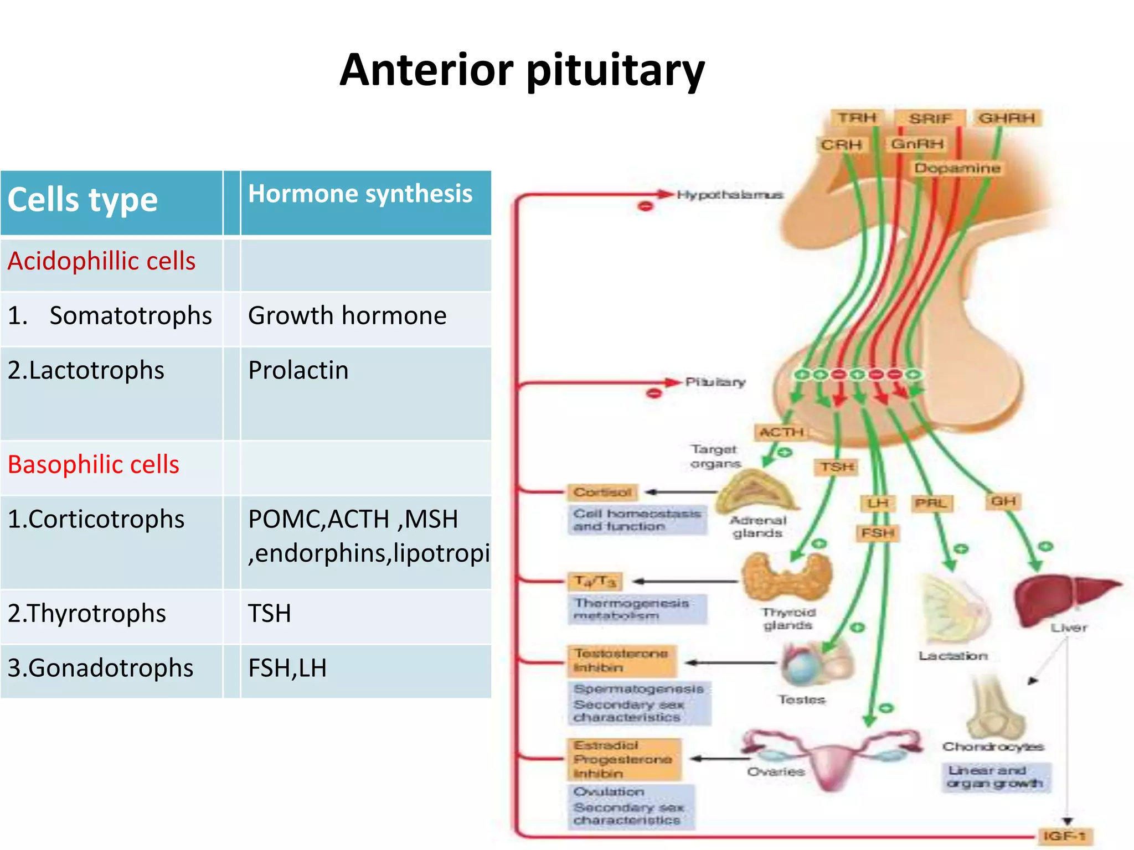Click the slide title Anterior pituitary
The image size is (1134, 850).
click(x=522, y=70)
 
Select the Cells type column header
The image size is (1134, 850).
click(x=83, y=200)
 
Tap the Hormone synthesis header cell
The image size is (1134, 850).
click(x=360, y=194)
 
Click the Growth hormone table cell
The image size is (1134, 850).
click(x=347, y=316)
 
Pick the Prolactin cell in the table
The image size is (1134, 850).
click(x=298, y=370)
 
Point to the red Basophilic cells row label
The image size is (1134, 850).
click(x=94, y=464)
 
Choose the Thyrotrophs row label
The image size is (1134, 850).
click(x=87, y=613)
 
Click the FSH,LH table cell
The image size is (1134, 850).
click(x=287, y=668)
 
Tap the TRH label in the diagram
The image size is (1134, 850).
click(x=856, y=118)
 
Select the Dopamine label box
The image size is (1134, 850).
click(x=957, y=168)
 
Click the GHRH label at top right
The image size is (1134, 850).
click(x=1007, y=118)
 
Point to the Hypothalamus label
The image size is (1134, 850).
click(x=730, y=195)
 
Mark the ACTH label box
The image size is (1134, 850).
click(x=781, y=432)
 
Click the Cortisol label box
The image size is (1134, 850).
click(x=602, y=492)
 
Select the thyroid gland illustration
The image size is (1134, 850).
click(x=787, y=578)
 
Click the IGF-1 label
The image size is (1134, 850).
click(x=1064, y=836)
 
